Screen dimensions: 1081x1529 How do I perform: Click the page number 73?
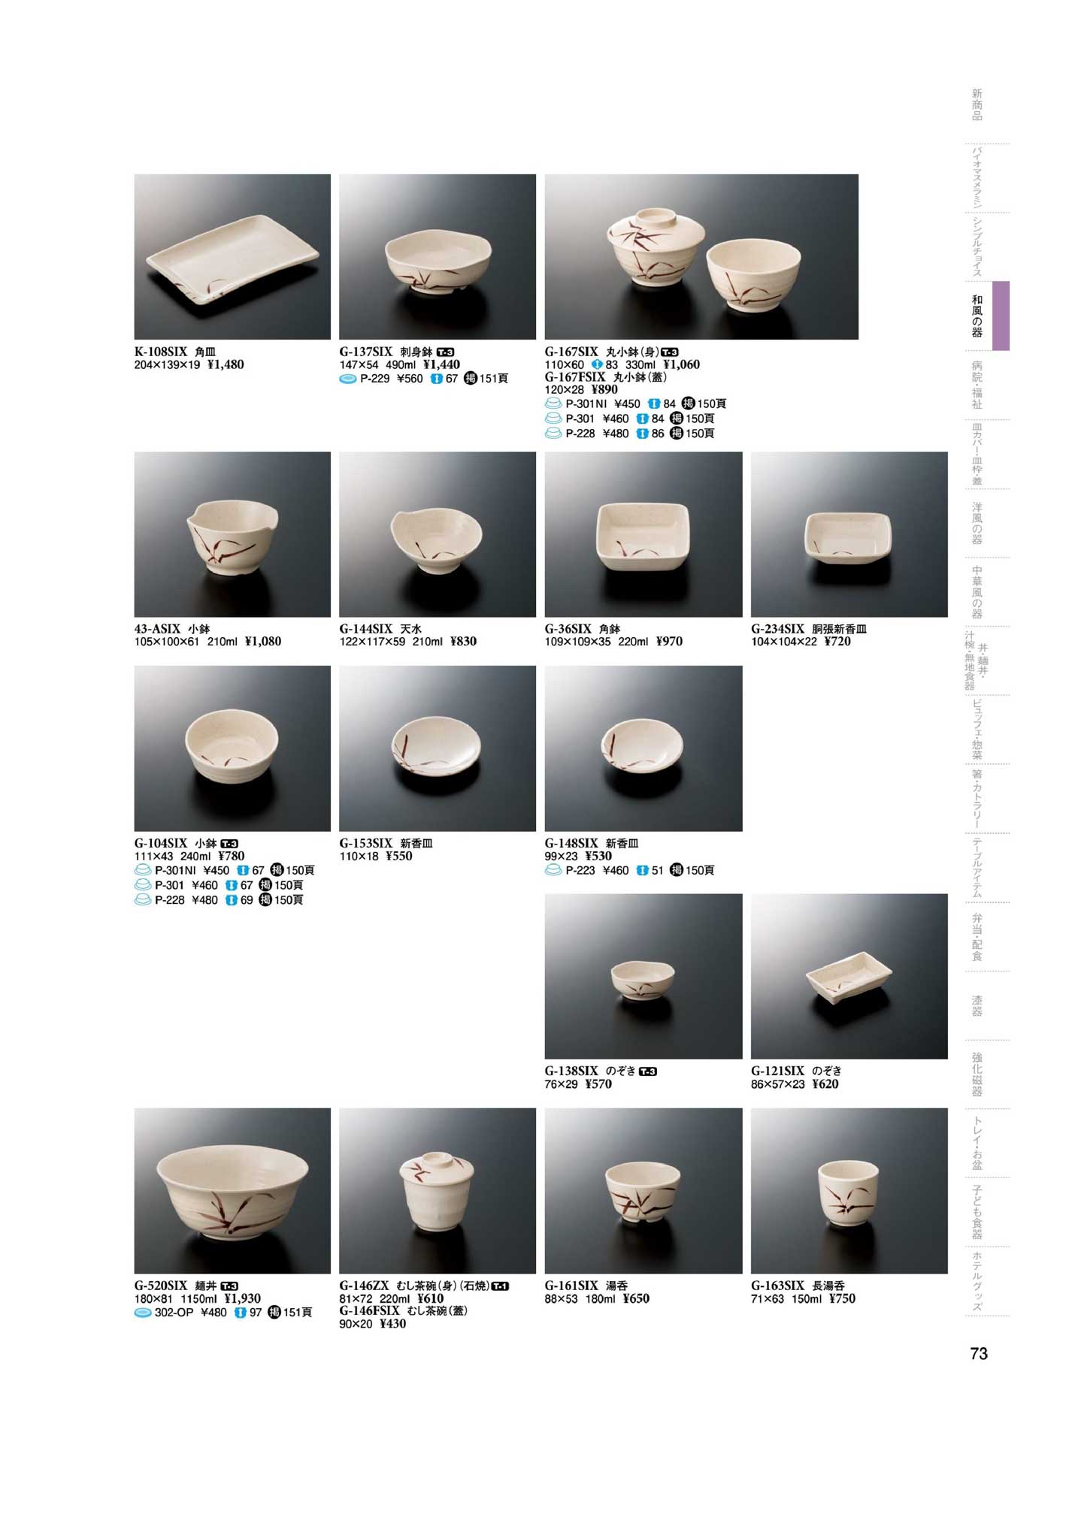(978, 1353)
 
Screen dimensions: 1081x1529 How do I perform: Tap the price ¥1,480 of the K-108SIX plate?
(226, 364)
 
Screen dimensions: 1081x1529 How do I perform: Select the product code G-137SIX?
(366, 352)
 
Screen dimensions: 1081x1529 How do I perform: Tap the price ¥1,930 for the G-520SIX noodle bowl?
(243, 1298)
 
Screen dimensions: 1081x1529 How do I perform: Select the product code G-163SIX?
(777, 1286)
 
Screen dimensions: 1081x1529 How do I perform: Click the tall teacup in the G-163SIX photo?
(848, 1198)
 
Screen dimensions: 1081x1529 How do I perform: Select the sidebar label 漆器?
(977, 1005)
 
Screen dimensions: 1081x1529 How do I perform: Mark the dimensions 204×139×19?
(168, 364)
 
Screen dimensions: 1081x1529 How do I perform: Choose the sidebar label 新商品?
(977, 104)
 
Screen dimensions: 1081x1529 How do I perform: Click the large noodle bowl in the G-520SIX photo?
(232, 1195)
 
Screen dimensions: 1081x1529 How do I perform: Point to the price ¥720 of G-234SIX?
(837, 642)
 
